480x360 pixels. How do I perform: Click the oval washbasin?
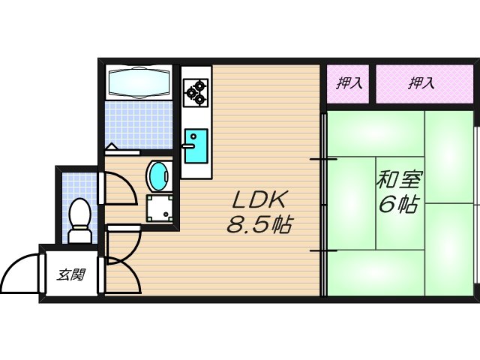(x=158, y=176)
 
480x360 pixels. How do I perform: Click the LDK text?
(x=256, y=200)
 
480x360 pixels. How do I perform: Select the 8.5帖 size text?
(x=259, y=224)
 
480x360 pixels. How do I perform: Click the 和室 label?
(x=399, y=181)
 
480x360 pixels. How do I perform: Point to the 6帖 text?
(x=399, y=205)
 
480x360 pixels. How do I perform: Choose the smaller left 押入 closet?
(x=349, y=83)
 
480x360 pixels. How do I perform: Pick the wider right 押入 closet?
(x=421, y=83)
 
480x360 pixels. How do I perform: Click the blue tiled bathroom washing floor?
(x=139, y=124)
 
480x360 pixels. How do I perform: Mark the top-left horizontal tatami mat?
(x=373, y=133)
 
